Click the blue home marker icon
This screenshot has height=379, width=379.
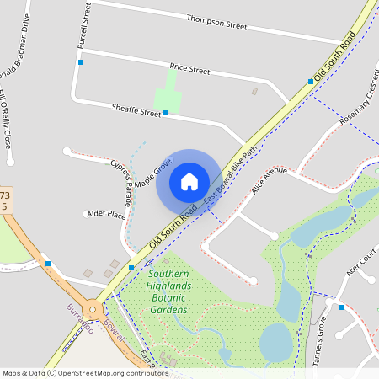tap(189, 182)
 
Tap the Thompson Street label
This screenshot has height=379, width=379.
tap(216, 21)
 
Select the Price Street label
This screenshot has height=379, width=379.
tap(189, 67)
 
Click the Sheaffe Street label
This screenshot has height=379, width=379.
tap(136, 109)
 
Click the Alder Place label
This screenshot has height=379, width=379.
tap(105, 216)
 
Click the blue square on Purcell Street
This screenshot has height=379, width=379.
tap(81, 62)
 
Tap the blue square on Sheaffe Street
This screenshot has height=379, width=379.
tap(165, 112)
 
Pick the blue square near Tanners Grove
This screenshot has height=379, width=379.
tap(341, 307)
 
